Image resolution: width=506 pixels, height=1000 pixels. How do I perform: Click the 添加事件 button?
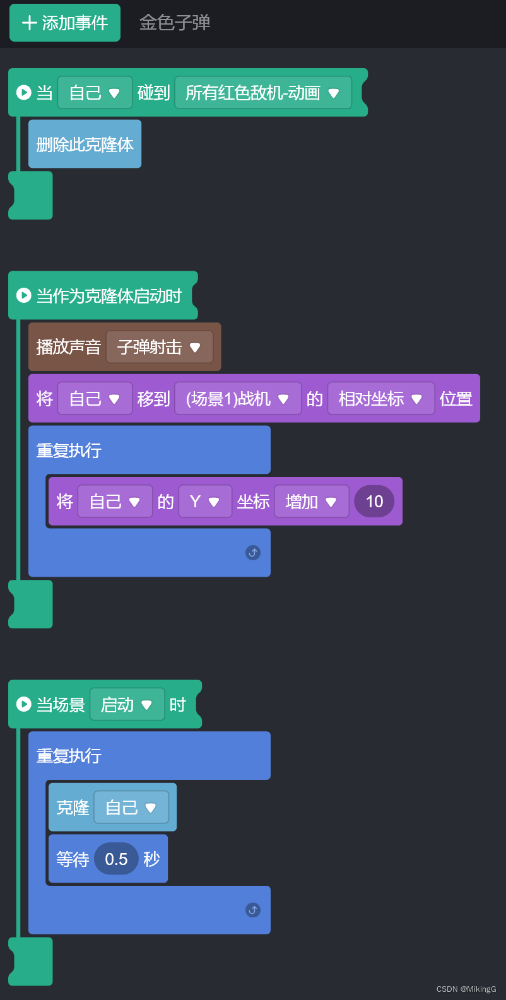(x=65, y=23)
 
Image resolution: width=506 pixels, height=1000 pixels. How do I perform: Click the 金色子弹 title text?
(x=175, y=23)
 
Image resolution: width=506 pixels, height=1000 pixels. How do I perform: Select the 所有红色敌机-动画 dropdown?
(x=263, y=93)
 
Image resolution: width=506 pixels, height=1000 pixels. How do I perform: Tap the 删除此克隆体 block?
(x=85, y=144)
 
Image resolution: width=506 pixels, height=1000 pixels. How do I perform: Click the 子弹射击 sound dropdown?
(x=159, y=347)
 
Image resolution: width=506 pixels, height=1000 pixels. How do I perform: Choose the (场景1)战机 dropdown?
(x=238, y=399)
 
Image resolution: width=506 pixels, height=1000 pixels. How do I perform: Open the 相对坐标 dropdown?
(x=380, y=399)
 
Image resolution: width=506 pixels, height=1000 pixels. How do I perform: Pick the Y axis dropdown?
(x=205, y=502)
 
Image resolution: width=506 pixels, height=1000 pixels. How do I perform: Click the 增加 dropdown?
(x=311, y=502)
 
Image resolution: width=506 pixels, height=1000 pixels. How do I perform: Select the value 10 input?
(x=374, y=502)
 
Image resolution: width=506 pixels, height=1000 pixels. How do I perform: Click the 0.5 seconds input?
(x=116, y=859)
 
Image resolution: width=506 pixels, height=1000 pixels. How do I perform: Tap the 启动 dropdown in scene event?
(x=127, y=705)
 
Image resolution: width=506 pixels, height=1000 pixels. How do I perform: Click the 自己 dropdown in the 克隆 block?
(x=131, y=808)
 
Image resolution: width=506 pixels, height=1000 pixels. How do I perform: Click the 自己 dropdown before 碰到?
(x=95, y=93)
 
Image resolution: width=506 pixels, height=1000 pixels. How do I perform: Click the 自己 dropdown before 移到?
(x=95, y=399)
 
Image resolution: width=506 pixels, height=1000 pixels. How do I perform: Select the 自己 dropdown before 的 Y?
(x=115, y=502)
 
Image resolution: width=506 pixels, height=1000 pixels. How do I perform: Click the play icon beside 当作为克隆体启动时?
(x=24, y=295)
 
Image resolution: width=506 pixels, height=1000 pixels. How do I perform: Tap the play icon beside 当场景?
(x=24, y=704)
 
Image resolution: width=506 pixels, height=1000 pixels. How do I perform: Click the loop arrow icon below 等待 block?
(x=253, y=910)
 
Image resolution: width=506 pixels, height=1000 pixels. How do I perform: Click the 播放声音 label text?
(x=68, y=347)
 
